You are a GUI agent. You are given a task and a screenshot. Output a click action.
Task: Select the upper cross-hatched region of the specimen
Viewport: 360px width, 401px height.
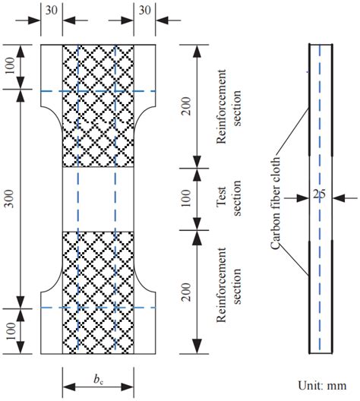click(98, 106)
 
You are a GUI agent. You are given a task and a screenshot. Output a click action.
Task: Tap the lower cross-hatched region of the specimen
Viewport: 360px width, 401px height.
click(98, 292)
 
